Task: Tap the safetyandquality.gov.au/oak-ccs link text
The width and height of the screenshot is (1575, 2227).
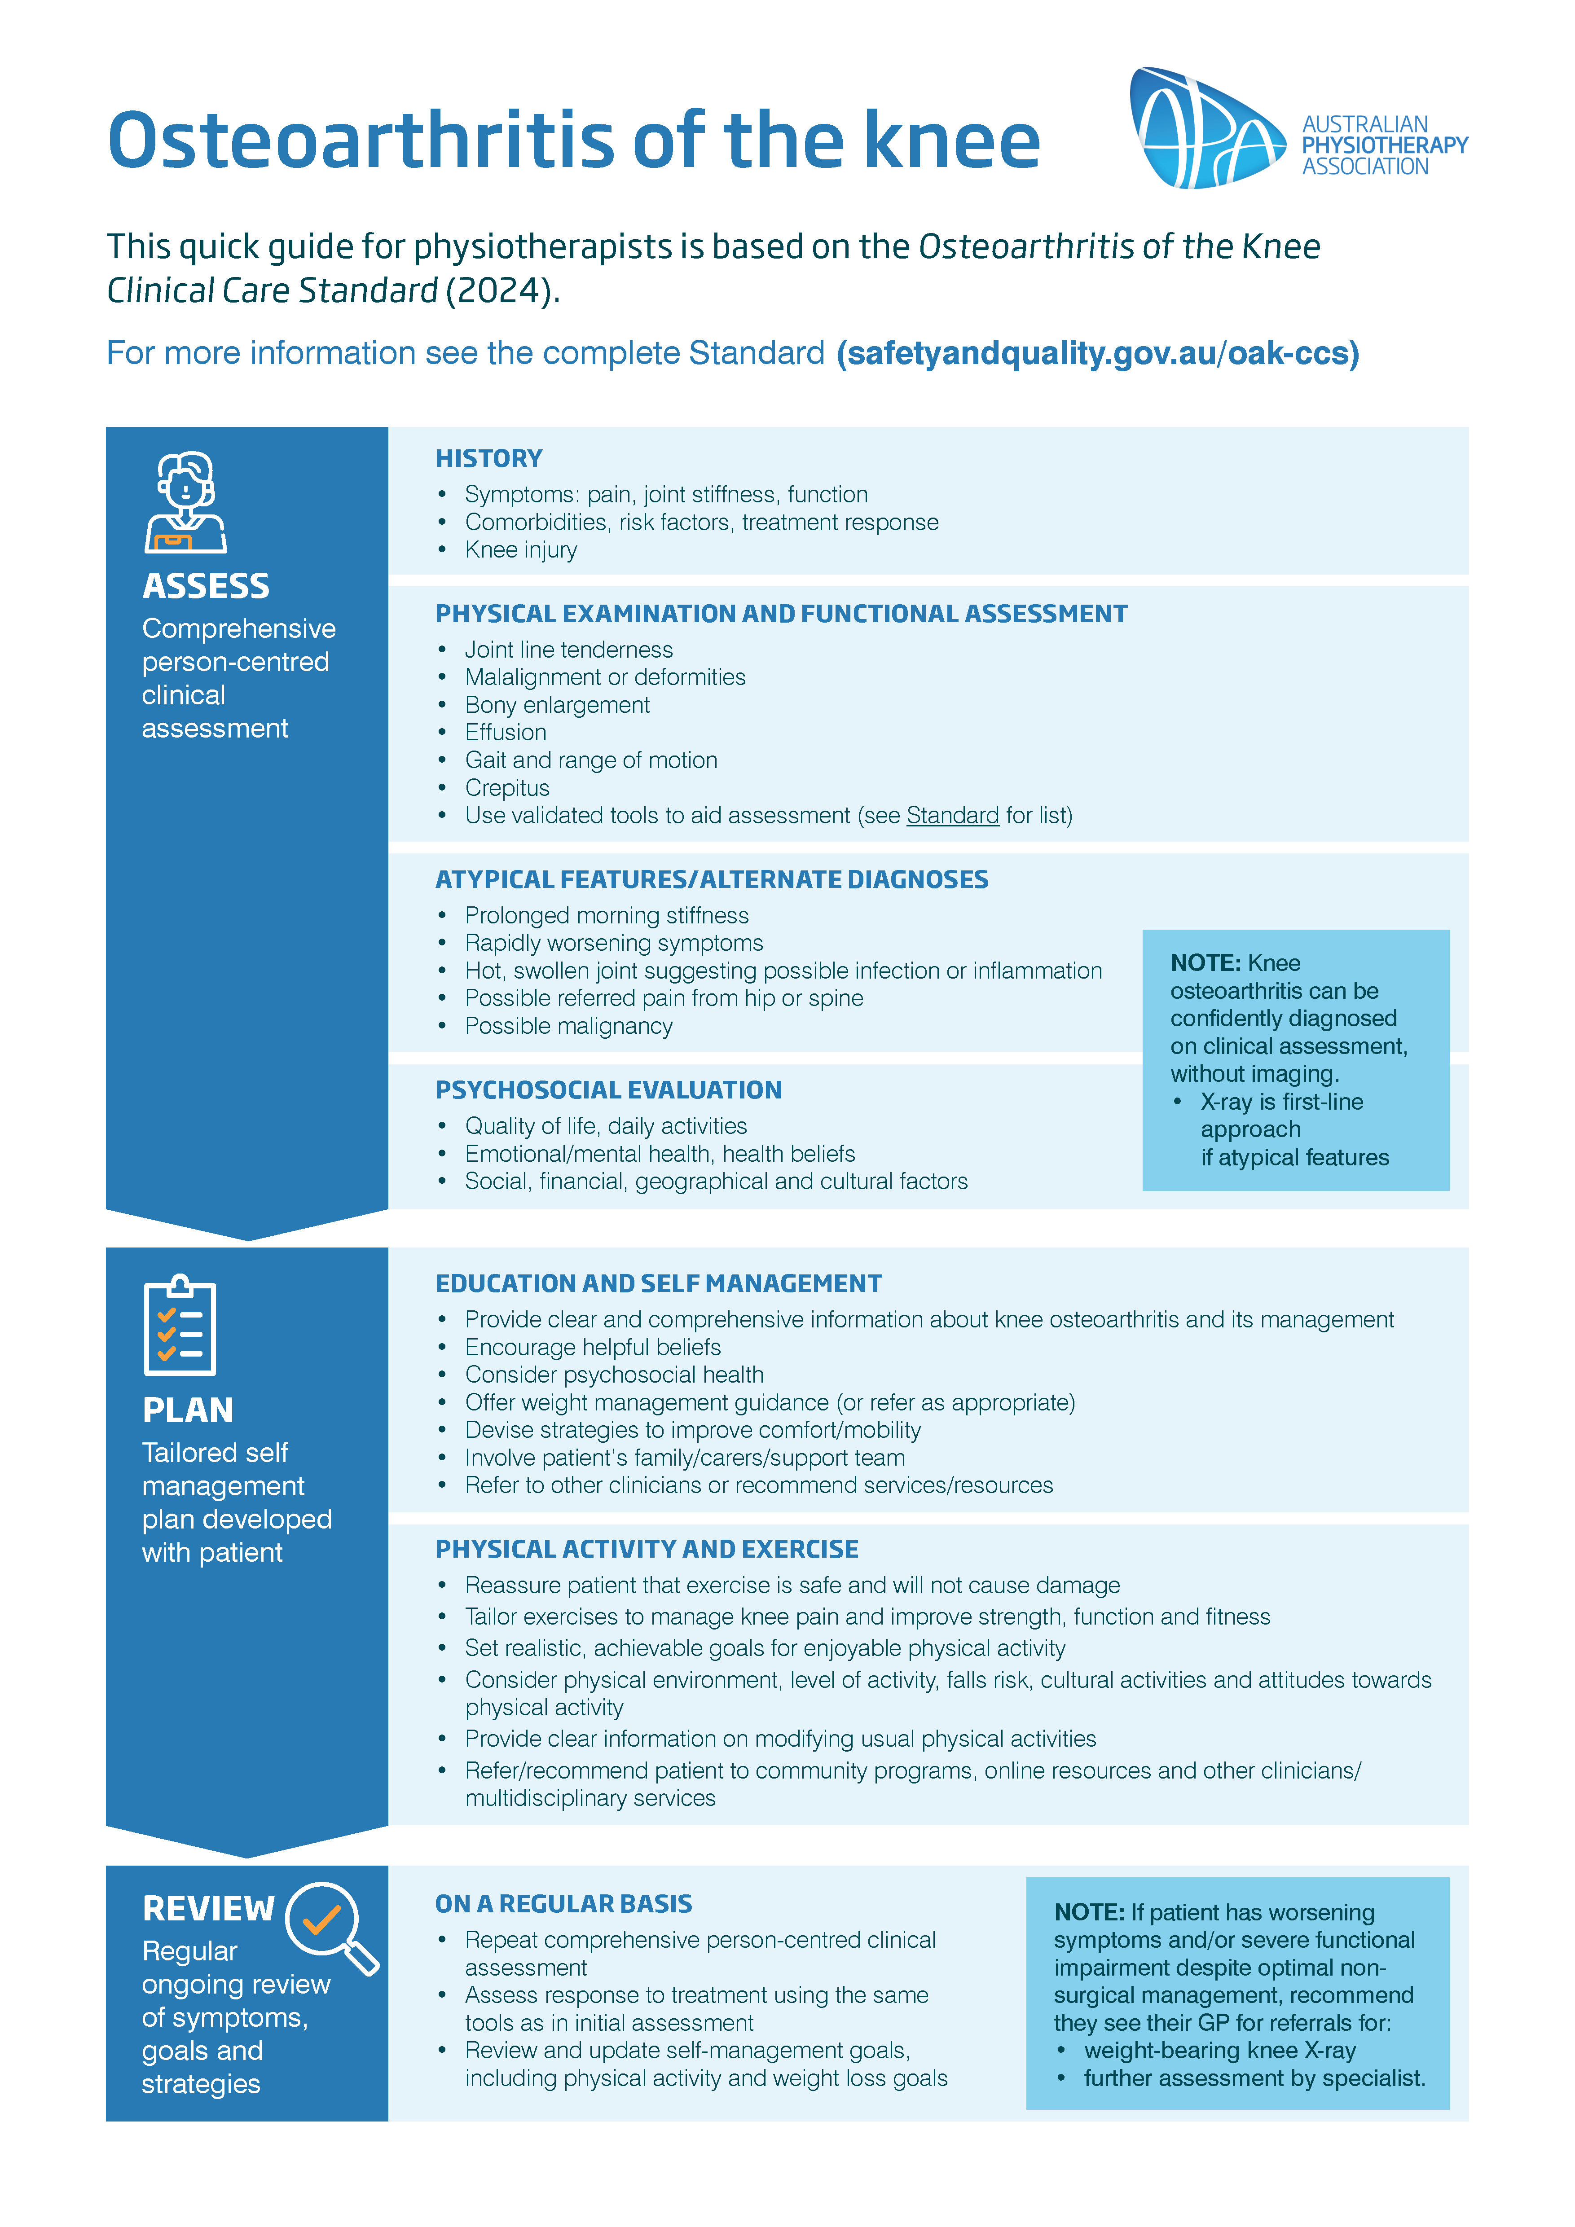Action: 1098,353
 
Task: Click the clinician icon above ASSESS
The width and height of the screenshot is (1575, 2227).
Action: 185,502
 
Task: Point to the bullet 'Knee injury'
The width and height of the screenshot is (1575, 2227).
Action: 521,550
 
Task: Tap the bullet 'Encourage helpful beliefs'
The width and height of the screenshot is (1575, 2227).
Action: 593,1347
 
